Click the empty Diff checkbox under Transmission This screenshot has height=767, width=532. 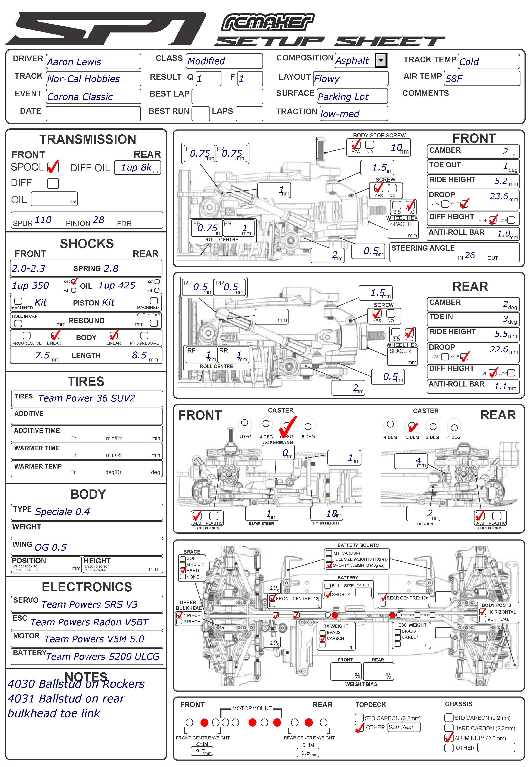point(53,183)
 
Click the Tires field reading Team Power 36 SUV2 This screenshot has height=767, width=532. point(86,398)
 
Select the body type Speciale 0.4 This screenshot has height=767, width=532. point(62,511)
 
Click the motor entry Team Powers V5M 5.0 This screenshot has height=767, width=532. point(94,639)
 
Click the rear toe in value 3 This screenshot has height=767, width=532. point(505,319)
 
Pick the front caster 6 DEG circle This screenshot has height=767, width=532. point(308,426)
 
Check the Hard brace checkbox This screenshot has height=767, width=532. point(183,570)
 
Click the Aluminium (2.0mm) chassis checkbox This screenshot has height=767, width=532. point(449,738)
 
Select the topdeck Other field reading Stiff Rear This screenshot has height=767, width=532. point(404,727)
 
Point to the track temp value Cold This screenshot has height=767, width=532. point(469,62)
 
